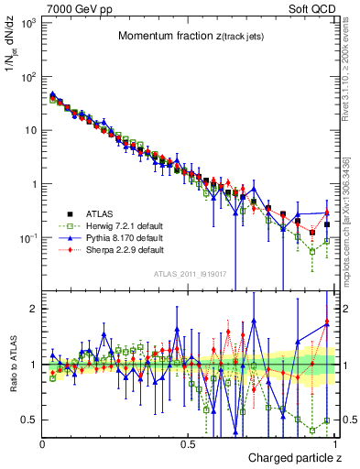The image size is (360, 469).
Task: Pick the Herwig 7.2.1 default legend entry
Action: click(115, 223)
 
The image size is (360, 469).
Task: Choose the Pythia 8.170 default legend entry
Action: click(115, 236)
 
